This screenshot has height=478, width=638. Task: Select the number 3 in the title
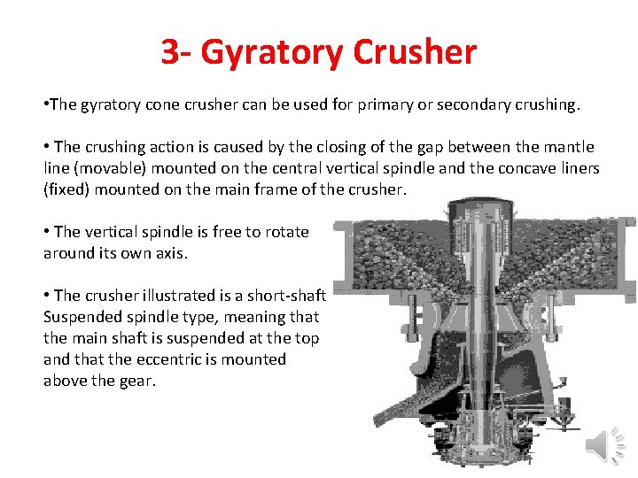click(x=170, y=53)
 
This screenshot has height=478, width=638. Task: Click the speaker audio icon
click(x=608, y=445)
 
